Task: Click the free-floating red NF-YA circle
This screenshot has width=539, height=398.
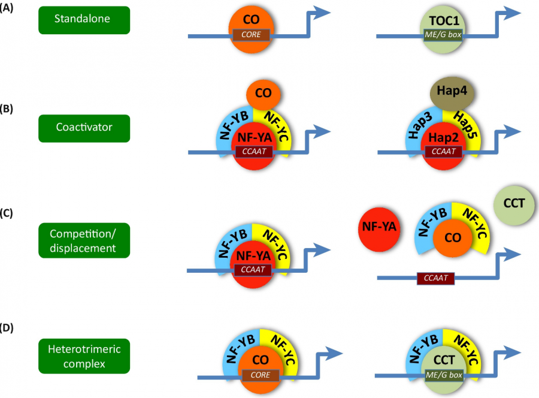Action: pos(379,228)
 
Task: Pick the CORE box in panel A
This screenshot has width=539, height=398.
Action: pos(252,35)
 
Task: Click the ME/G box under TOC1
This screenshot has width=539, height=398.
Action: pos(443,35)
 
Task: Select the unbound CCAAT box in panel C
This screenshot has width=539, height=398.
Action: pos(435,278)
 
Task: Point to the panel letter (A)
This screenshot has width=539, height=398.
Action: pos(8,9)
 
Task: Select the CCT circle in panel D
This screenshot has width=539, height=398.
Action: pos(443,361)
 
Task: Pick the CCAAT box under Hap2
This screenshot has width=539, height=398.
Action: pos(443,152)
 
